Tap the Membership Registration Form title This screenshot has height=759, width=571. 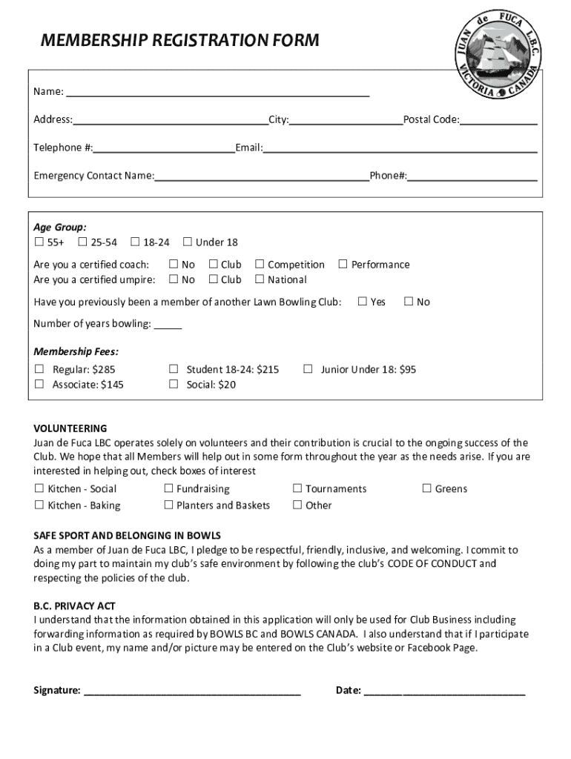pos(179,40)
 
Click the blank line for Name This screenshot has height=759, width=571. pos(217,92)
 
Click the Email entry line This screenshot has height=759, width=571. pos(400,148)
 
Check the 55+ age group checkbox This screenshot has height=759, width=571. pos(39,242)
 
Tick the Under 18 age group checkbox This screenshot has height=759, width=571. pos(188,242)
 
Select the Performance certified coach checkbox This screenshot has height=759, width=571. pos(343,265)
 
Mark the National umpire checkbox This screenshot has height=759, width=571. pos(260,279)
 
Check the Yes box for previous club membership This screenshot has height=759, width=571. pos(363,302)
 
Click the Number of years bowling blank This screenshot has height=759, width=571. pos(168,324)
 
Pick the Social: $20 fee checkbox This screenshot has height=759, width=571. pos(174,384)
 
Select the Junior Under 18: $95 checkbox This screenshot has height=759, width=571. pos(308,369)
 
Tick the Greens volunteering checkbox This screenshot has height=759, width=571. pos(426,488)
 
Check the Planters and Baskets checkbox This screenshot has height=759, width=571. pos(168,506)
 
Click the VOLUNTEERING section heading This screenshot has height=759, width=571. pos(70,428)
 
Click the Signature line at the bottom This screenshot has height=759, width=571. pos(193,690)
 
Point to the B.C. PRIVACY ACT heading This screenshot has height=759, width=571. pos(74,606)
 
